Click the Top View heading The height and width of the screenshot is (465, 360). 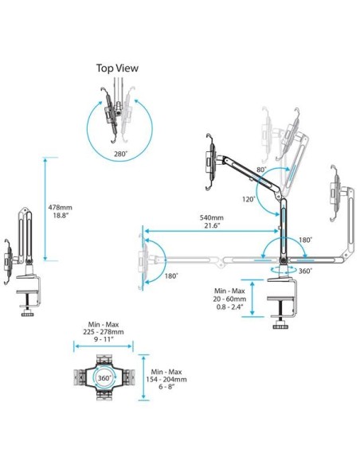[x=117, y=68]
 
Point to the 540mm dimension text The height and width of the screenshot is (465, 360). [x=212, y=217]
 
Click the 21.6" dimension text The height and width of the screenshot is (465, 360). [x=212, y=227]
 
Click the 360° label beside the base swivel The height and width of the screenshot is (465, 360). [x=305, y=272]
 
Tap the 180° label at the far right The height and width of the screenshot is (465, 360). [x=306, y=239]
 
